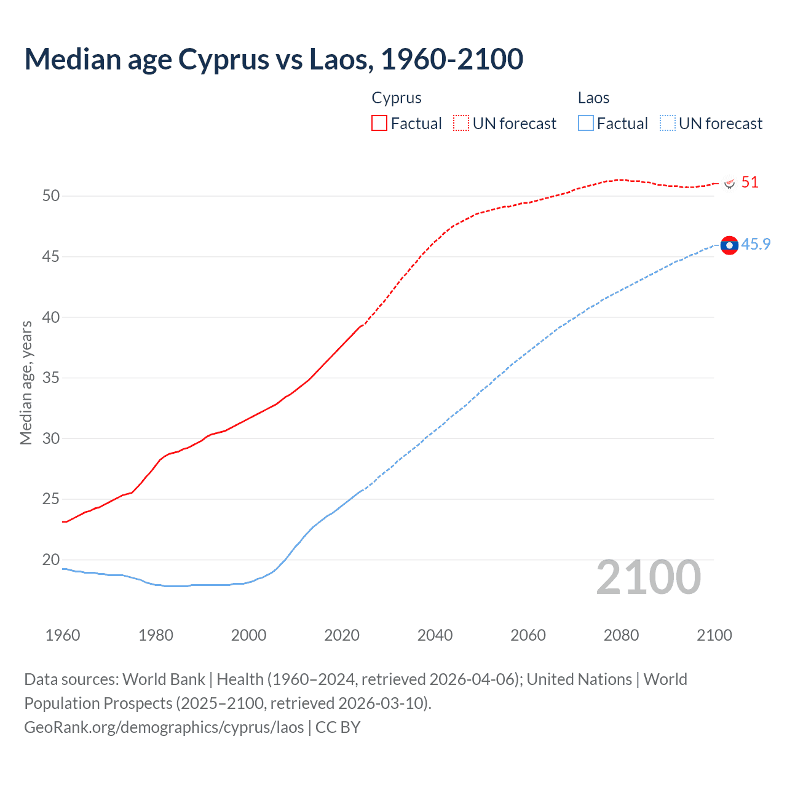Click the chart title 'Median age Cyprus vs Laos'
[x=274, y=59]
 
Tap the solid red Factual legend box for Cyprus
[x=379, y=123]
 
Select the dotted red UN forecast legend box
[x=461, y=123]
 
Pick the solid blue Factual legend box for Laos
[x=586, y=123]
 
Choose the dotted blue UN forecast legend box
[x=668, y=123]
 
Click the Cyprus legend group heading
[x=397, y=98]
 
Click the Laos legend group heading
[x=593, y=98]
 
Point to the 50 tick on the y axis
[x=51, y=196]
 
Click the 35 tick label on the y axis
[x=51, y=378]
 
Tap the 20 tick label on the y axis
[x=51, y=560]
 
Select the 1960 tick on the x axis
[x=63, y=635]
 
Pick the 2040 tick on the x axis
[x=435, y=635]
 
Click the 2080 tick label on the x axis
[x=621, y=635]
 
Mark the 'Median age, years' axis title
[x=26, y=382]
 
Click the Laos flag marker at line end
[x=729, y=245]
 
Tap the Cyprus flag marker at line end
[x=730, y=183]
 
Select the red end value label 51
[x=749, y=183]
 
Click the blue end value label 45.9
[x=756, y=245]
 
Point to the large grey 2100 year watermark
[x=649, y=577]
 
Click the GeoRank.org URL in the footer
[x=164, y=727]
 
